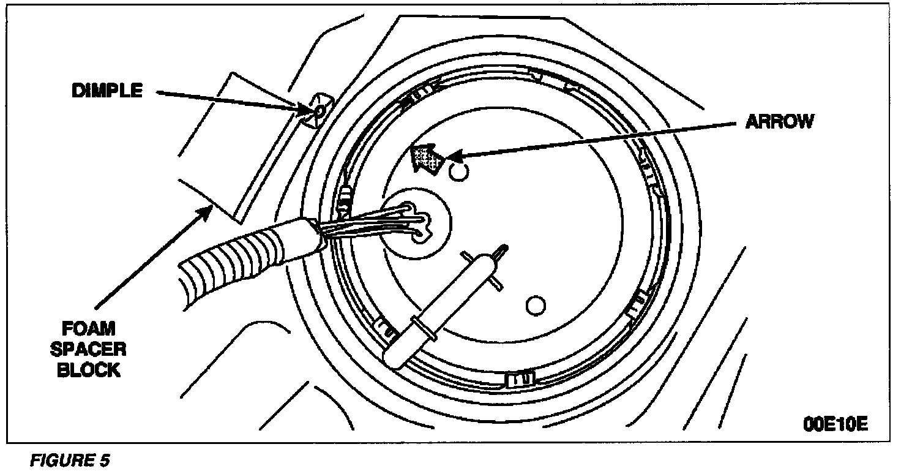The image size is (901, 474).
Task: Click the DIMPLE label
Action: click(107, 91)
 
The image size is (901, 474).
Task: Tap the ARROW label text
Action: click(779, 122)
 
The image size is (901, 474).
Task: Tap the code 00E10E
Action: click(836, 424)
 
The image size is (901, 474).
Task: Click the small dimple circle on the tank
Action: click(319, 111)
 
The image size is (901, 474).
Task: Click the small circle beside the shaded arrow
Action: click(458, 173)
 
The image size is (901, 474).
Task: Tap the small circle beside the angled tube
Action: click(536, 304)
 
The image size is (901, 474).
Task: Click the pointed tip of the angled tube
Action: click(503, 247)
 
